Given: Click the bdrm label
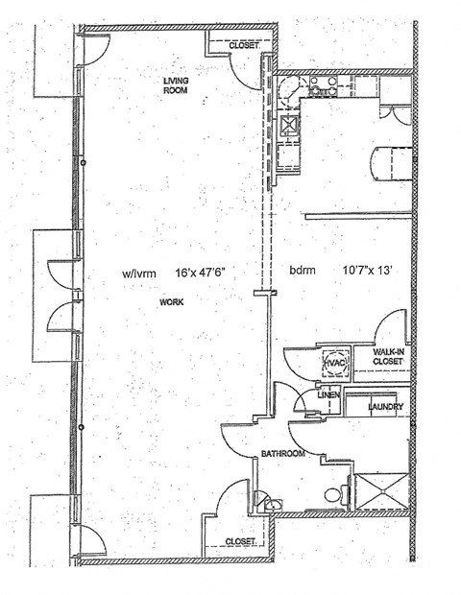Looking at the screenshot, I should (303, 273).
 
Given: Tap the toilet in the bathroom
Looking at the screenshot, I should (332, 495).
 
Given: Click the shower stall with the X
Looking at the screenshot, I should (382, 491).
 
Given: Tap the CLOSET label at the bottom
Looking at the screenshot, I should (240, 542).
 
